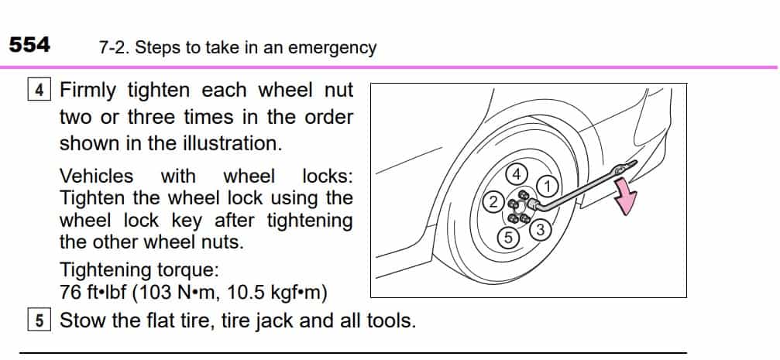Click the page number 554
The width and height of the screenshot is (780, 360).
tap(29, 45)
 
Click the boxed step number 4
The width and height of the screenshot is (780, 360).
tap(40, 91)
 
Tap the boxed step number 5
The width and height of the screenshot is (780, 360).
tap(40, 321)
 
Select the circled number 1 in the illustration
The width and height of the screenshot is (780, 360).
tap(547, 186)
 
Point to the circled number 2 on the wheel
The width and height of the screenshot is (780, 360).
tap(492, 203)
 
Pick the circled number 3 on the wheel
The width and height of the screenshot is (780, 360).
tap(541, 229)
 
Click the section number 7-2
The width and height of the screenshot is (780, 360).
tap(114, 48)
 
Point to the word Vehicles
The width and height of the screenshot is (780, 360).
tap(96, 177)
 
